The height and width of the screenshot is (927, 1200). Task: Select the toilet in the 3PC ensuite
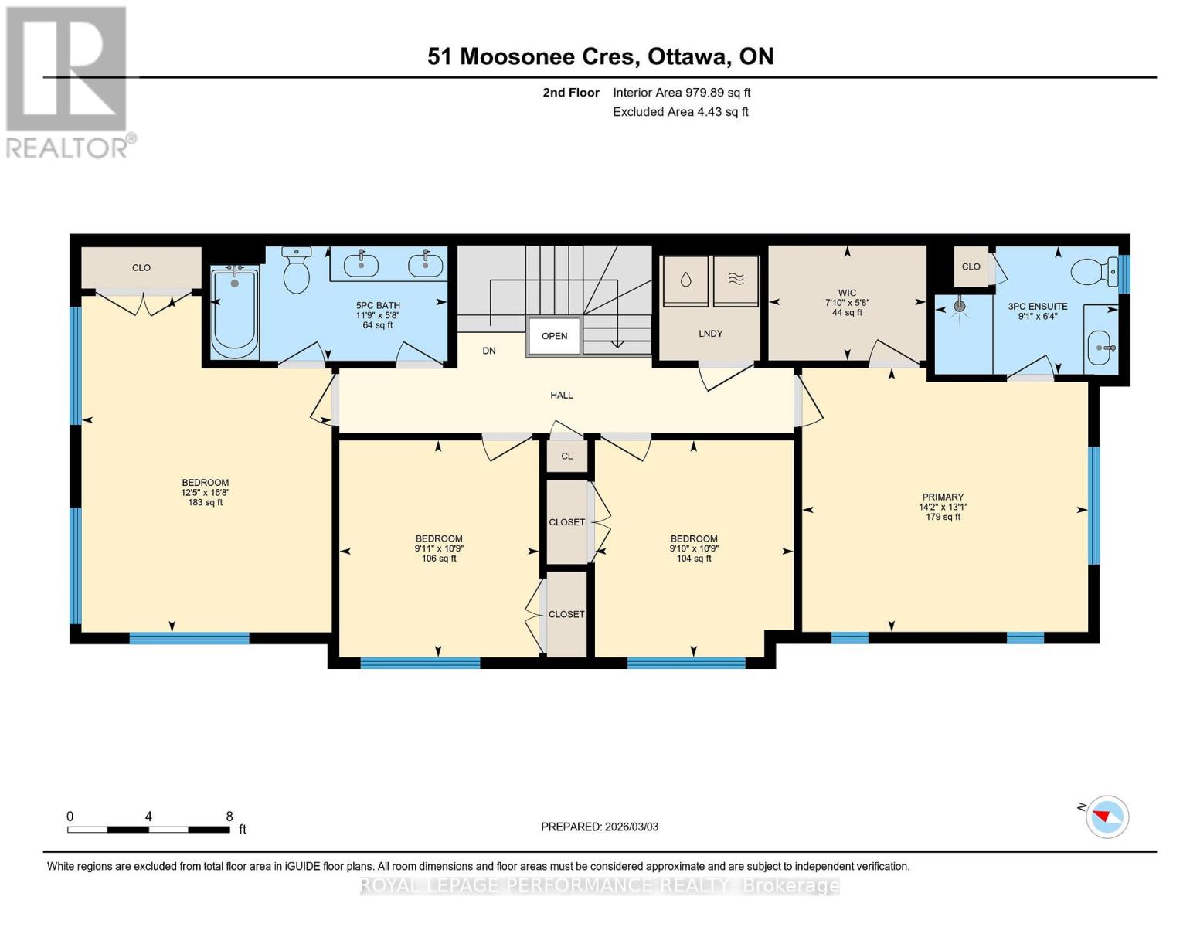(1093, 270)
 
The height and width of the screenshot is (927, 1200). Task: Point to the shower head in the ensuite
(960, 307)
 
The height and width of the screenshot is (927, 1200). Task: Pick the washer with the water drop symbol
(685, 280)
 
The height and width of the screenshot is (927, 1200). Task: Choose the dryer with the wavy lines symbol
(736, 280)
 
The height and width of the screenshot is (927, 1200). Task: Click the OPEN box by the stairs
(554, 336)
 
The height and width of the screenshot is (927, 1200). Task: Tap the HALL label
(561, 396)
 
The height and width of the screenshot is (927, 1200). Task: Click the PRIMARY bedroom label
(943, 497)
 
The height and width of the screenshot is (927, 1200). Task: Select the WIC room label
(847, 293)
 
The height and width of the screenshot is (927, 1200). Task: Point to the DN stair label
(489, 351)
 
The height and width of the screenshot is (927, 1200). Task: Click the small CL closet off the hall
(567, 456)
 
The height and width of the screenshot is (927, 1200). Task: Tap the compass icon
(1107, 817)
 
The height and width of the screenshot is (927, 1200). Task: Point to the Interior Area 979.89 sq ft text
(682, 93)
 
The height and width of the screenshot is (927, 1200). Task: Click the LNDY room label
(710, 334)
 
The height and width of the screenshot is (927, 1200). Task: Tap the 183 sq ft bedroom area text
(205, 503)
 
